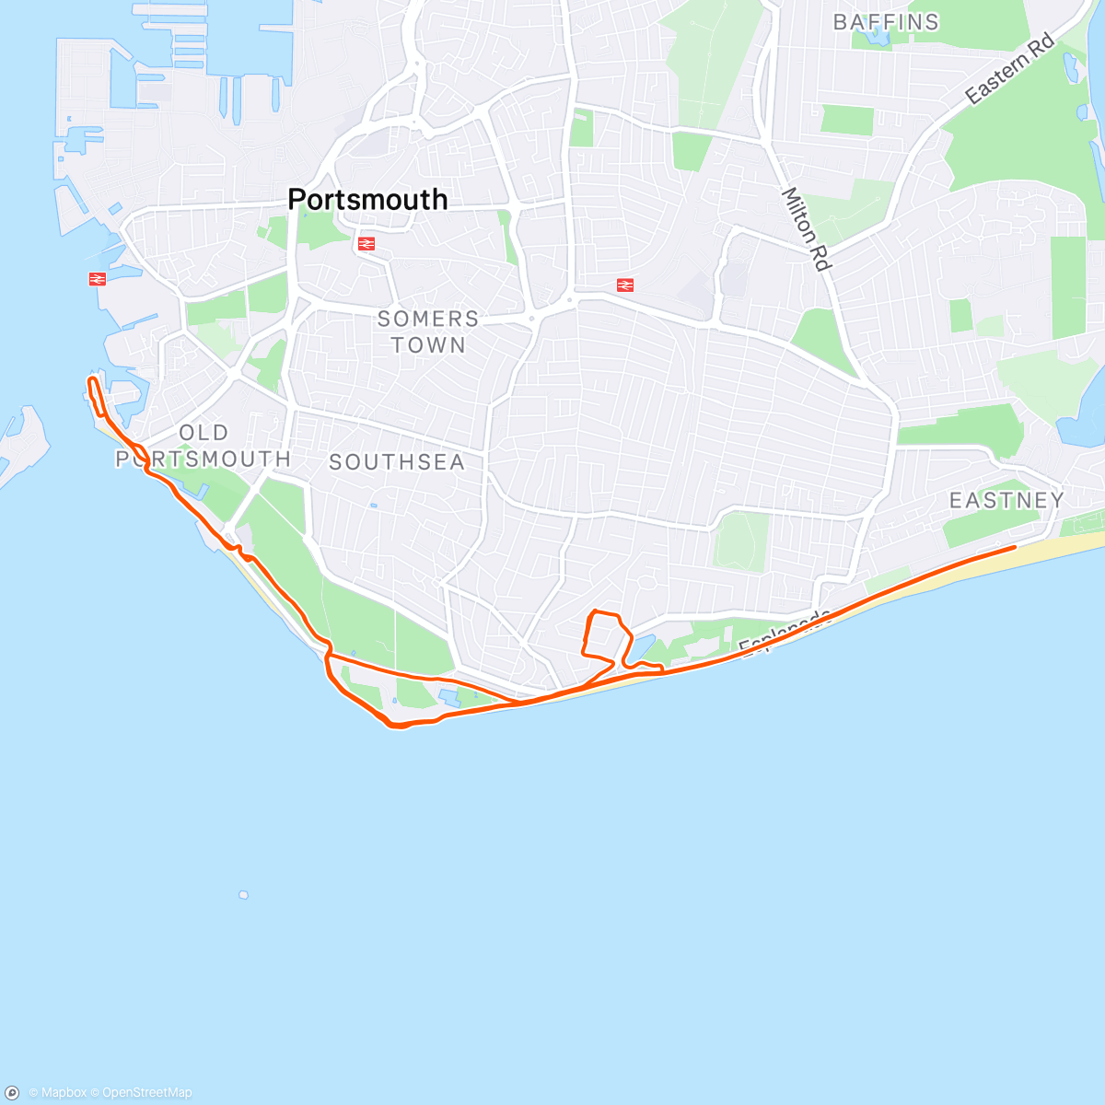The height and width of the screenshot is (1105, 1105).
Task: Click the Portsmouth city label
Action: pos(367,200)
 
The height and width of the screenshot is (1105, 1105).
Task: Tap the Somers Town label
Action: pos(428,331)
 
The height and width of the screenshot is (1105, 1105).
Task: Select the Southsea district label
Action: pos(397,462)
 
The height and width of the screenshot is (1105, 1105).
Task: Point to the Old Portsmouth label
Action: pos(204,446)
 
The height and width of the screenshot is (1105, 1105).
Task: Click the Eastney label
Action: pos(1006,500)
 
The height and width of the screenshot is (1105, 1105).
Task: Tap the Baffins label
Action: pos(886,22)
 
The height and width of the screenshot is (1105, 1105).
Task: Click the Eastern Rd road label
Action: pos(1009,69)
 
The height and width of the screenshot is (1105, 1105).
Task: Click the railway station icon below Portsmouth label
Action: pos(366,244)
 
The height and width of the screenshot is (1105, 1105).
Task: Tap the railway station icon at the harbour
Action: pos(98,278)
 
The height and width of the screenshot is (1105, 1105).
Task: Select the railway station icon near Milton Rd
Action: pos(623,285)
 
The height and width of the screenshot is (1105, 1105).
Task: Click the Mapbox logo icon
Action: pos(12,1093)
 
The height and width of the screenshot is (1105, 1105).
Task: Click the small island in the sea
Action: pos(243,894)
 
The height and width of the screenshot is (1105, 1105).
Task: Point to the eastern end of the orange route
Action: pos(1015,547)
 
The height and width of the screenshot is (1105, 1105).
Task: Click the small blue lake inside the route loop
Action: pos(641,648)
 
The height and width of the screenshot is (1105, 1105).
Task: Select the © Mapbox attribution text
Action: pos(57,1093)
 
